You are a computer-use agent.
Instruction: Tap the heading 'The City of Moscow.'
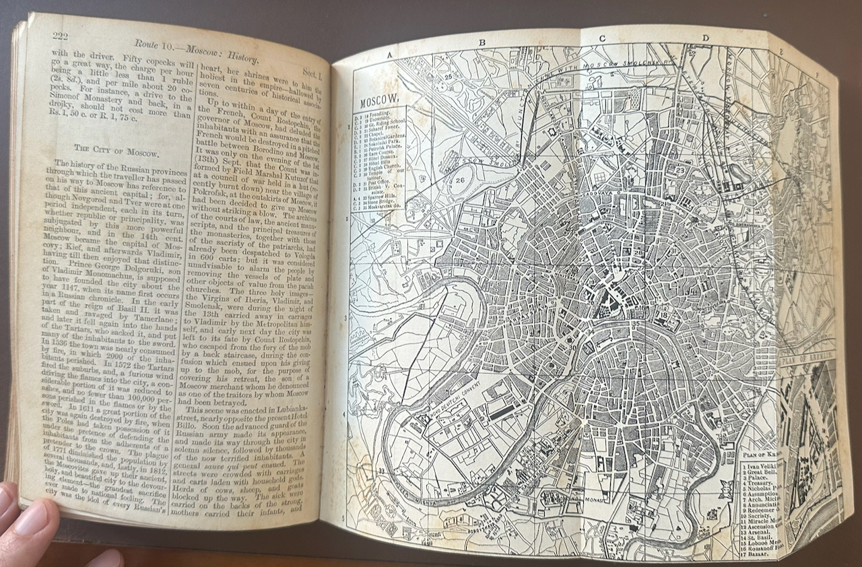tap(116, 152)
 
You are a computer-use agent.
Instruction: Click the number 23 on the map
tap(680, 151)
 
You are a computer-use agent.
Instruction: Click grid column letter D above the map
tap(705, 38)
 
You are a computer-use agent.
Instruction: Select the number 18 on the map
tap(663, 314)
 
